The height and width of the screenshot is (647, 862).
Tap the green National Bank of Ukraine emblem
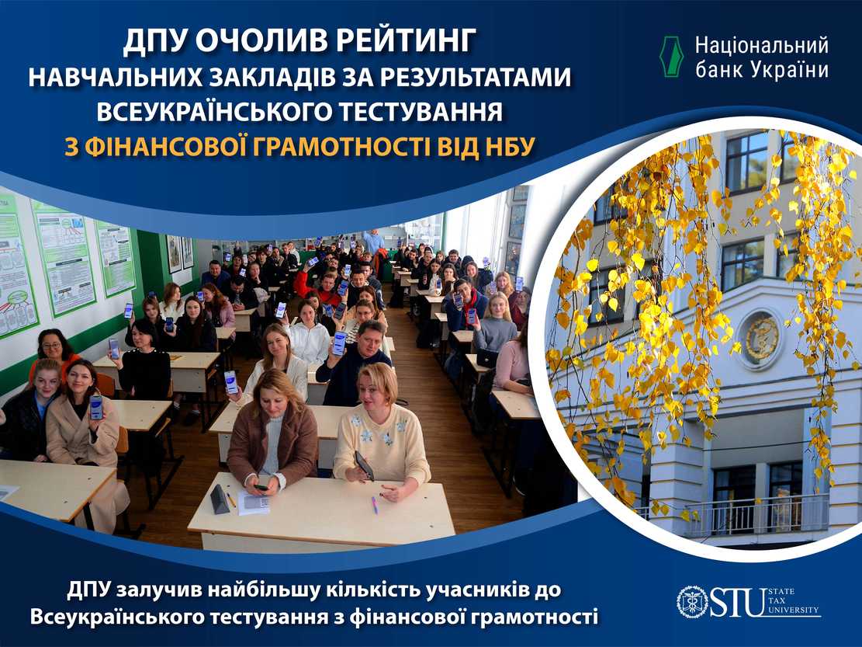670,57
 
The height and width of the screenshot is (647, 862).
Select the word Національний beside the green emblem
761,46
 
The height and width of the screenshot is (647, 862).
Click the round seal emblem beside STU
693,603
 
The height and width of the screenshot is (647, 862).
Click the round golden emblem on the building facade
762,339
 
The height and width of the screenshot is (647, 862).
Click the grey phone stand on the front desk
220,499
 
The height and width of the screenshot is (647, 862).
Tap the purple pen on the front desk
375,505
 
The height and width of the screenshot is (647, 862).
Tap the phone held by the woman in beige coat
95,407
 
